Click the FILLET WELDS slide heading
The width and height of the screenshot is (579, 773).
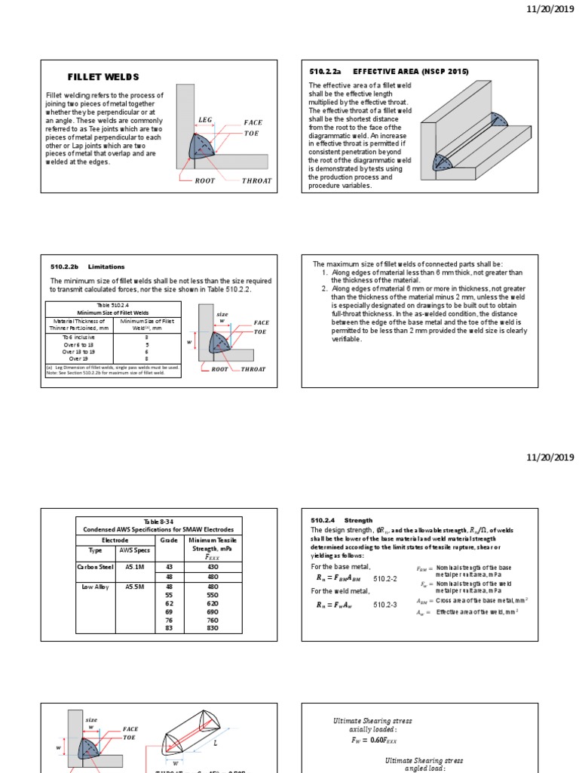(x=103, y=77)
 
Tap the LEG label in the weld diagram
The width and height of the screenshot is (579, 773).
(x=206, y=119)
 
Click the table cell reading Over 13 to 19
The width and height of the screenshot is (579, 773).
(x=79, y=351)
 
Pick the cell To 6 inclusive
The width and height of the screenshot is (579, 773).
(x=79, y=337)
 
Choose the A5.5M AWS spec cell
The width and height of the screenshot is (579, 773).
(x=135, y=586)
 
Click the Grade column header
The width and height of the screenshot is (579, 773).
(x=168, y=540)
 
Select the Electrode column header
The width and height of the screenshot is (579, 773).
(x=115, y=540)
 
